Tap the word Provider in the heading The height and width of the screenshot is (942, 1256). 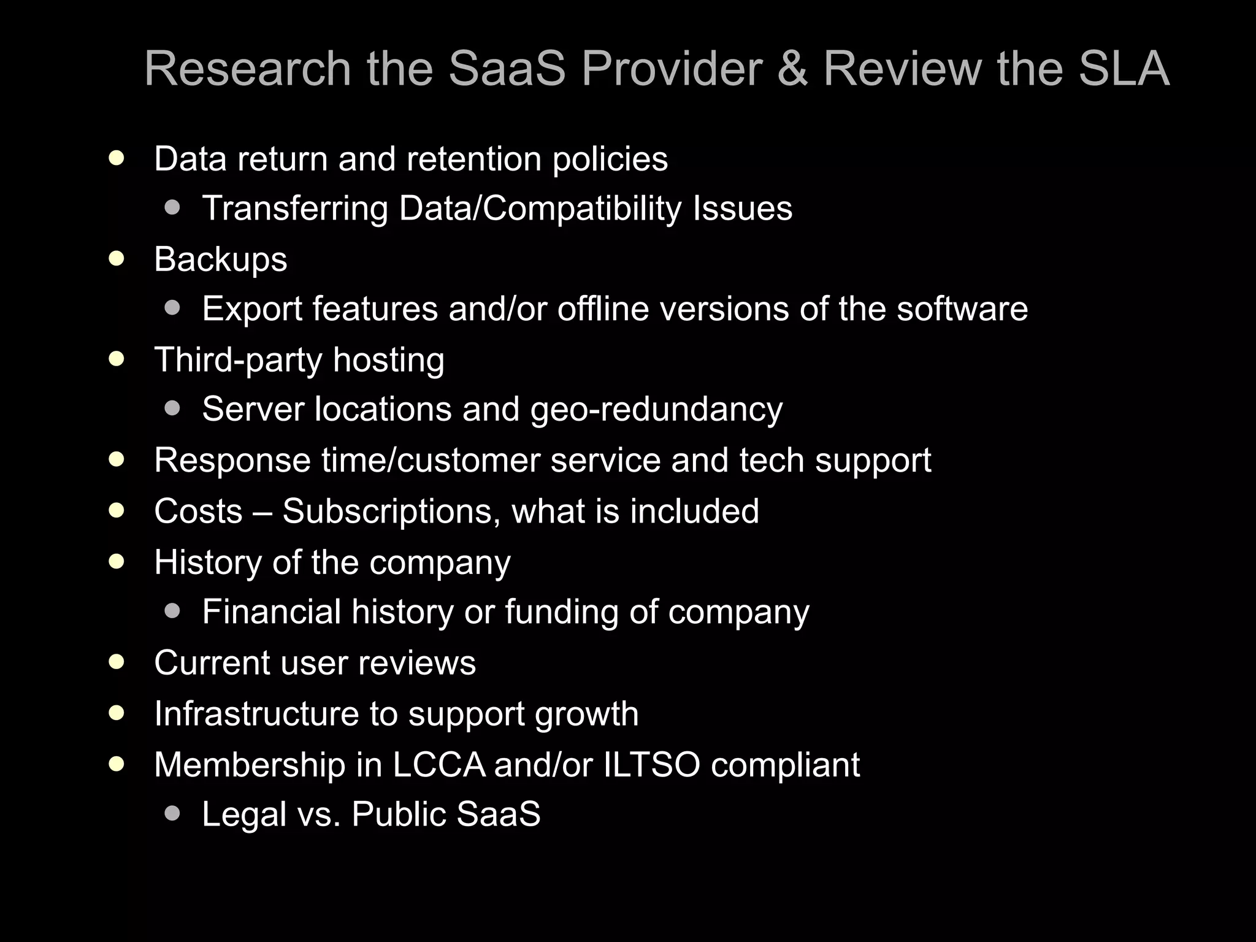click(x=672, y=69)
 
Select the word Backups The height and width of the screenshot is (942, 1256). click(x=221, y=259)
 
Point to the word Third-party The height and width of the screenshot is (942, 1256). click(x=238, y=360)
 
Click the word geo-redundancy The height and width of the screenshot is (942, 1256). click(x=656, y=410)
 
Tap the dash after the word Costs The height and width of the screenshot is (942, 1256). click(x=262, y=512)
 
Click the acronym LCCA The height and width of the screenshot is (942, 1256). click(x=438, y=765)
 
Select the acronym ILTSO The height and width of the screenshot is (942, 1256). click(x=652, y=765)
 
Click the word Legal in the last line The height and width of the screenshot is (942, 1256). click(x=244, y=815)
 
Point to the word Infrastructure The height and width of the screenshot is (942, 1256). click(x=256, y=714)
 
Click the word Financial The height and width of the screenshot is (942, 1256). click(x=272, y=612)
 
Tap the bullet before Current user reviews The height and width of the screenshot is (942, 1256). click(x=117, y=662)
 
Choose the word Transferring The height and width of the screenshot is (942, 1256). click(x=295, y=209)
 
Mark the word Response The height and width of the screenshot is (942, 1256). click(x=232, y=461)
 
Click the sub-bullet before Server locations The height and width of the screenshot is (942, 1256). click(x=173, y=408)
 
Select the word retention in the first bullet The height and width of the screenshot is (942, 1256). click(x=474, y=159)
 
